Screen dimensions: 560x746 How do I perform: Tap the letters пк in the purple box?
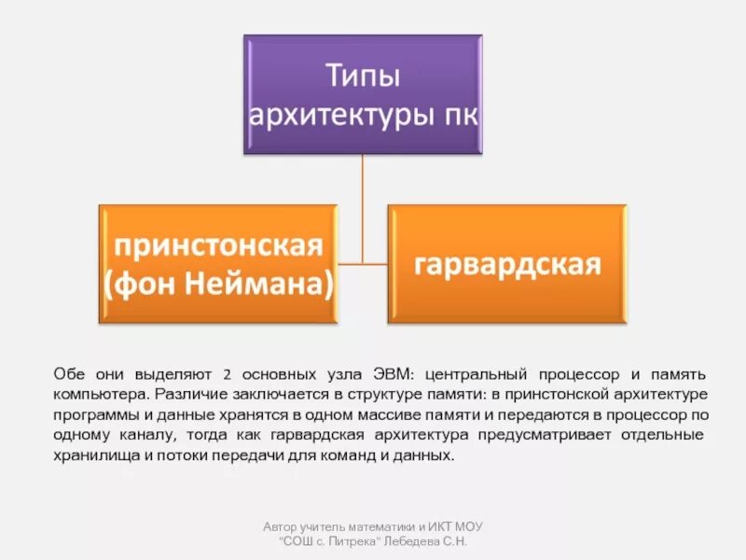pos(453,117)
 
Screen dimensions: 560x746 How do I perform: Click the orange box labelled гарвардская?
pos(506,264)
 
